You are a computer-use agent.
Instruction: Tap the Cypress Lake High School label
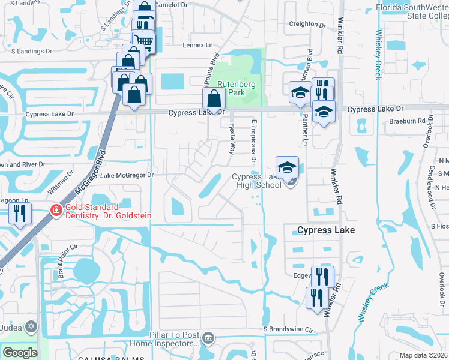[x=257, y=181]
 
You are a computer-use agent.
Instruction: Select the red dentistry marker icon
[x=56, y=211]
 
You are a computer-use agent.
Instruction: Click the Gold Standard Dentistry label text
[x=108, y=211]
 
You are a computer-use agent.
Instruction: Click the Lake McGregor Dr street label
[x=127, y=175]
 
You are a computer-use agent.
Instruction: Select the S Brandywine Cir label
[x=288, y=329]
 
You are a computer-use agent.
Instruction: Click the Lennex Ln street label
[x=197, y=45]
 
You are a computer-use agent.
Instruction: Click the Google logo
[x=20, y=353]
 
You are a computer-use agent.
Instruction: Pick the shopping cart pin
[x=145, y=41]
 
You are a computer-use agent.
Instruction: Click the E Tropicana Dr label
[x=254, y=141]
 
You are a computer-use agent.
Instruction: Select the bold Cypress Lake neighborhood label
[x=326, y=230]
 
